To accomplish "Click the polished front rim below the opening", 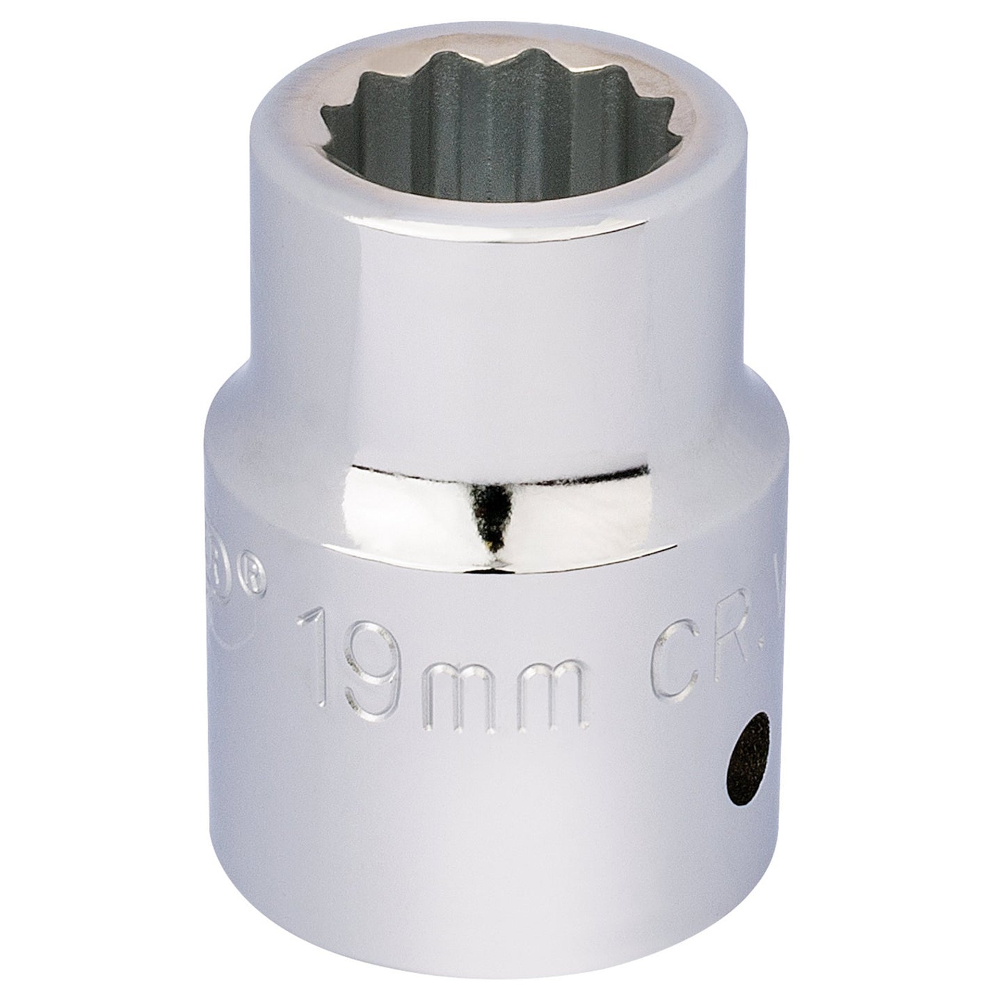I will click(501, 209).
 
